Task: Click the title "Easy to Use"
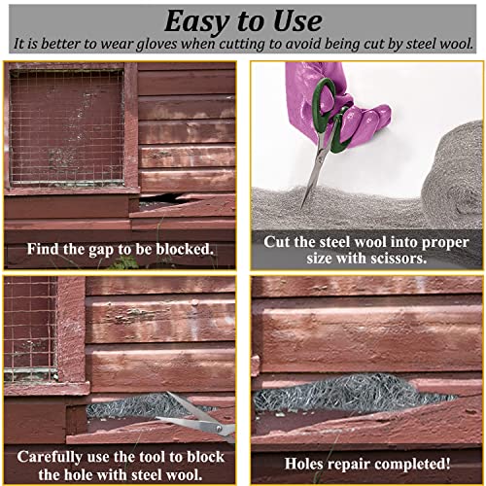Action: point(243,20)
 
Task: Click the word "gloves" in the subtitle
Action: point(207,45)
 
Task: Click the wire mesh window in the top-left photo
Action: point(66,126)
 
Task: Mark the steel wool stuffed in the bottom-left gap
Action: point(126,407)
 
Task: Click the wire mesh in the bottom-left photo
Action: point(29,330)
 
